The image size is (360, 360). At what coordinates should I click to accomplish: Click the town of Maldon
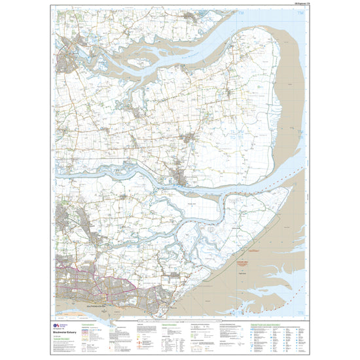(x=67, y=63)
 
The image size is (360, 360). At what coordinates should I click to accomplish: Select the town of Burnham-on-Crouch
(x=180, y=177)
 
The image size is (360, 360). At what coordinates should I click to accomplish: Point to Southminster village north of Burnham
(x=190, y=138)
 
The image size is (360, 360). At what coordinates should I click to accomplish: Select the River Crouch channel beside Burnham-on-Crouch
(x=196, y=185)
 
